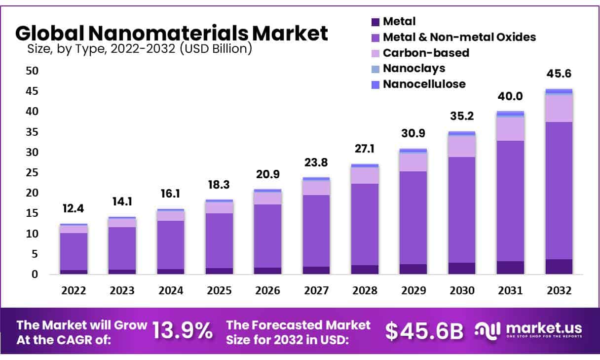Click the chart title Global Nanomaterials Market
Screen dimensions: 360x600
point(171,33)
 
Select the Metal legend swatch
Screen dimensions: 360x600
point(375,22)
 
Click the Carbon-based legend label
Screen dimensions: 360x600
point(426,52)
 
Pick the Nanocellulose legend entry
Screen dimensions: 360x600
point(424,84)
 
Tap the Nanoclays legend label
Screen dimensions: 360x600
point(413,68)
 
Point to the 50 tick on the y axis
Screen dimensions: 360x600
point(32,71)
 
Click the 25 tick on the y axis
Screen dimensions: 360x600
point(32,172)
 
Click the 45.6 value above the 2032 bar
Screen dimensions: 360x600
point(559,74)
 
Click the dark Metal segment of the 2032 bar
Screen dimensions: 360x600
point(559,266)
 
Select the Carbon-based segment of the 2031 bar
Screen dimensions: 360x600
point(510,128)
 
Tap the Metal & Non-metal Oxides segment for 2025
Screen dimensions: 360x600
point(220,240)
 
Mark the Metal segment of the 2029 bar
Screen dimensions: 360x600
point(413,269)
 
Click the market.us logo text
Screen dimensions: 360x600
point(543,328)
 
